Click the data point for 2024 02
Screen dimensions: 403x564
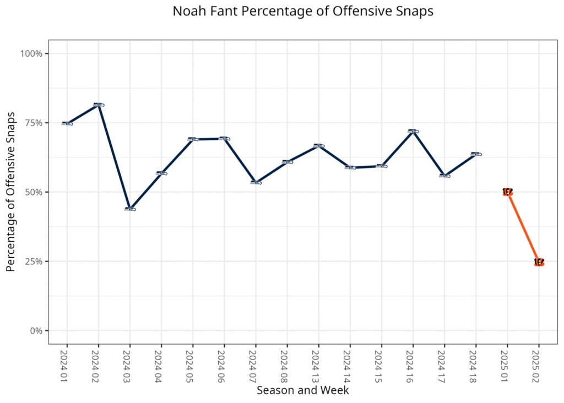(99, 105)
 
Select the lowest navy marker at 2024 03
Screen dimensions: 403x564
(130, 209)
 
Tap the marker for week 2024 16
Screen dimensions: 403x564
(413, 132)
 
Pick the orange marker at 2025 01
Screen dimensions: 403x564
(507, 192)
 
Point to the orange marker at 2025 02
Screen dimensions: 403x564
(539, 262)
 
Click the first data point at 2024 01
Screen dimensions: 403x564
(67, 123)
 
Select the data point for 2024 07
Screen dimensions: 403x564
(256, 182)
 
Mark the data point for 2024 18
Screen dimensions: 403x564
(476, 154)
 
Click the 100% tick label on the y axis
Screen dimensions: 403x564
(31, 53)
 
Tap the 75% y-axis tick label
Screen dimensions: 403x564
(34, 123)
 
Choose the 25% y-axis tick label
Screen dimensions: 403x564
(34, 262)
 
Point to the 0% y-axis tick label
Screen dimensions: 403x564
(36, 331)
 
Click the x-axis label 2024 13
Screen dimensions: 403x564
(318, 365)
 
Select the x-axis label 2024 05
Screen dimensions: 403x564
(193, 365)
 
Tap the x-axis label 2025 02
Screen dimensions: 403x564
(539, 365)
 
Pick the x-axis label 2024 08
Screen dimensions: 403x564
(287, 365)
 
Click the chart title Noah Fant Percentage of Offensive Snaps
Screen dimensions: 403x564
(302, 12)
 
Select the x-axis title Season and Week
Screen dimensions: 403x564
(302, 390)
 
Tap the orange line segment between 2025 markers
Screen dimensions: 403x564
(523, 227)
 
